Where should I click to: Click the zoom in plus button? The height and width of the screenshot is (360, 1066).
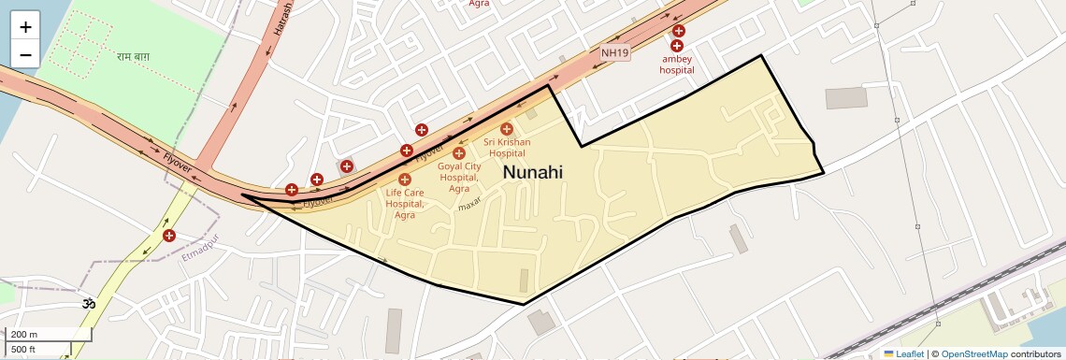point(25,27)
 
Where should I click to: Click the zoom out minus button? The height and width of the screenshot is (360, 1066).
point(25,54)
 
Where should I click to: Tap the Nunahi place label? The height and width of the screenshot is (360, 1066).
point(533,172)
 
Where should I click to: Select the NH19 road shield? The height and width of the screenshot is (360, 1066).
point(614,52)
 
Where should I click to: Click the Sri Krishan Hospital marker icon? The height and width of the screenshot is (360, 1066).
point(507,128)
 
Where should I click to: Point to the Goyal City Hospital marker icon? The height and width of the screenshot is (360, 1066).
point(459,152)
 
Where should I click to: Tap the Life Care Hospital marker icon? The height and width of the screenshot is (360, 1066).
point(405,179)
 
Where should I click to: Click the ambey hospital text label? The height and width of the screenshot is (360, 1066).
point(676,65)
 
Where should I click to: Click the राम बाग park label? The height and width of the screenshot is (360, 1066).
point(134,58)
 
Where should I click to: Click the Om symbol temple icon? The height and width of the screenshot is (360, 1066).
point(90,304)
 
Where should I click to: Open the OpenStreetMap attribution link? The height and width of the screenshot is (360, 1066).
point(973,353)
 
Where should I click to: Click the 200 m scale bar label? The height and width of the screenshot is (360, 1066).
point(24,335)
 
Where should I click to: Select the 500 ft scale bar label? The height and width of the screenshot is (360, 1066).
point(24,350)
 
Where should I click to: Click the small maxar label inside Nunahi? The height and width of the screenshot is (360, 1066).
point(468,204)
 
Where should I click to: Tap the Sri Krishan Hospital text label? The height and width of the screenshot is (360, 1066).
point(507,148)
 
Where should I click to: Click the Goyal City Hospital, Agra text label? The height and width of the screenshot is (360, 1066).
point(459,177)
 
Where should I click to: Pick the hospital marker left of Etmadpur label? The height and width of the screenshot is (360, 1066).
point(169,236)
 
